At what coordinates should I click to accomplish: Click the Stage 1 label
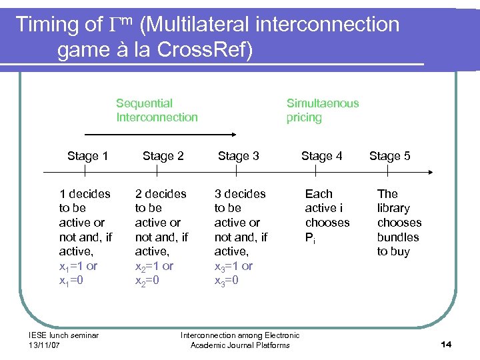click(87, 156)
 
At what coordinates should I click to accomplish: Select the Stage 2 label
click(163, 156)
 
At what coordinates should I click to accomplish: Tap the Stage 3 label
click(238, 156)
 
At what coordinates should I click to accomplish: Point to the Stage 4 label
click(321, 156)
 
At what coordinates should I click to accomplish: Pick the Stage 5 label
click(389, 156)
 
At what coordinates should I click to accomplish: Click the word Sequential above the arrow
click(144, 103)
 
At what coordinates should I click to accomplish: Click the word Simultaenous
click(323, 103)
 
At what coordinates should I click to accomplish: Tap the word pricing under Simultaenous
click(304, 117)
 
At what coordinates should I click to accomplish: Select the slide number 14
click(446, 344)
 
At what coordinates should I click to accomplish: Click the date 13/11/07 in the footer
click(44, 345)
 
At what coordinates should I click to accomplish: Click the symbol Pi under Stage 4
click(310, 238)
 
